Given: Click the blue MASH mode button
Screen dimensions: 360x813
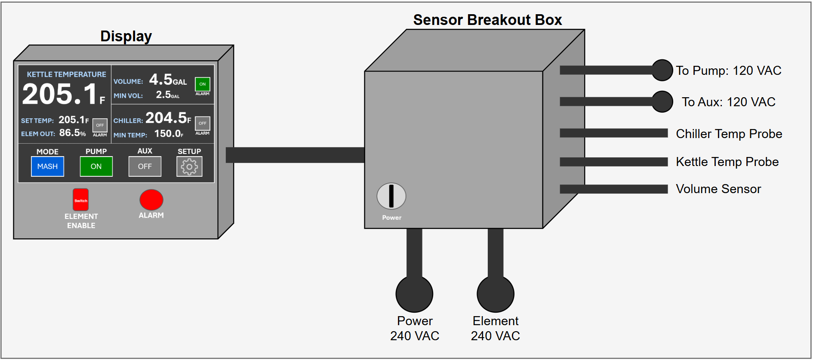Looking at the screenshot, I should click(47, 166).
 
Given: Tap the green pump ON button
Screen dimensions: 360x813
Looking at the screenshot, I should click(96, 166).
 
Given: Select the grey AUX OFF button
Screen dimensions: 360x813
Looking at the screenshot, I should click(145, 166).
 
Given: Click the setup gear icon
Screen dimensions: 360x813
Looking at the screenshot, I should click(189, 166).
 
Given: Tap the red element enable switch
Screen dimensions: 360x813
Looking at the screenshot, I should click(80, 200).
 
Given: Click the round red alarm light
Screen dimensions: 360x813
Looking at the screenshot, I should click(151, 200).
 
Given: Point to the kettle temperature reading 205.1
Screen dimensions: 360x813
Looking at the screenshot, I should click(60, 94).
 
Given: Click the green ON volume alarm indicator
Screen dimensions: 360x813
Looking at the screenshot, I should click(202, 84).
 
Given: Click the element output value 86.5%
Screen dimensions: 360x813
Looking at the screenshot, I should click(72, 133).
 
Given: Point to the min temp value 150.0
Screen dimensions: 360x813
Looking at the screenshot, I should click(168, 134).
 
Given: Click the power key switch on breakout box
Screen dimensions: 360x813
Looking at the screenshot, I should click(391, 196).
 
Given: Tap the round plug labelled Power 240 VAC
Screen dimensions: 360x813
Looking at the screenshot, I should click(414, 294).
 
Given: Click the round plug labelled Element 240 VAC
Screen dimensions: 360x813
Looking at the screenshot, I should click(496, 294).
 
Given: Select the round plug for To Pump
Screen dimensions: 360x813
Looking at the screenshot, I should click(662, 70).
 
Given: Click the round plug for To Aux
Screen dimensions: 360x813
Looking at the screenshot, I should click(662, 102).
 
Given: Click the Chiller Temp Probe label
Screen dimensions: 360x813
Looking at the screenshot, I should click(729, 134).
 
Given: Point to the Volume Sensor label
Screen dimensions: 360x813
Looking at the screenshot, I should click(718, 189).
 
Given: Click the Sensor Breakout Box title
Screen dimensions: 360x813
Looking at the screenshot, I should click(487, 20).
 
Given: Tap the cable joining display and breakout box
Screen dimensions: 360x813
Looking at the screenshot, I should click(295, 155).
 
